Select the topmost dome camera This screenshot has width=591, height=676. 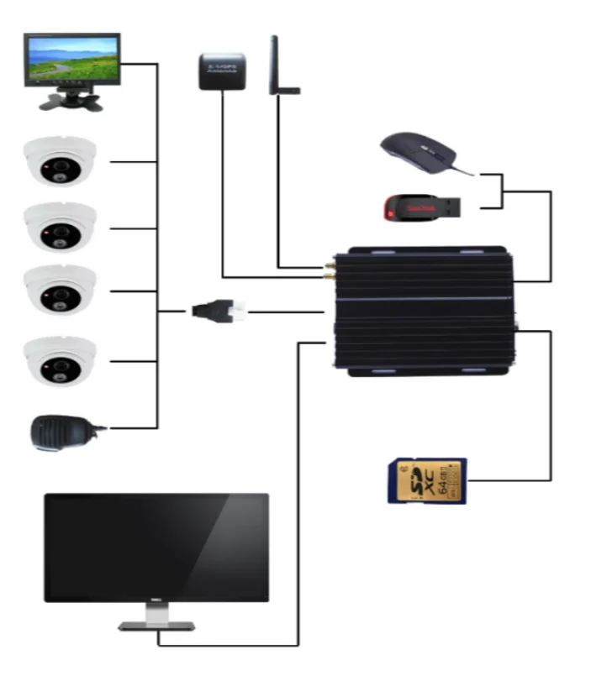(60, 160)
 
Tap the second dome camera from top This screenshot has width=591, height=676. (60, 225)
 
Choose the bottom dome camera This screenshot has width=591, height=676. (60, 359)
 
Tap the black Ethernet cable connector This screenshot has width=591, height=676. (218, 312)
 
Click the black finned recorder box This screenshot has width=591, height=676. (425, 310)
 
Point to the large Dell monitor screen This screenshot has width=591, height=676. (156, 547)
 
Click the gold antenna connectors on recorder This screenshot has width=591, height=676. (327, 270)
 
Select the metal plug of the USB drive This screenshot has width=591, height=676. (451, 205)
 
